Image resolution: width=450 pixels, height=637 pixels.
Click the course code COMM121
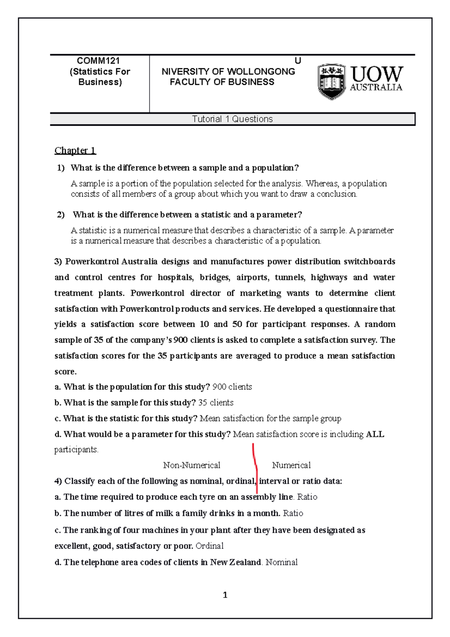98,61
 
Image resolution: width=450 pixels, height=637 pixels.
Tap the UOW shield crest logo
331,81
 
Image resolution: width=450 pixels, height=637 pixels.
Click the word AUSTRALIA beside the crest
376,87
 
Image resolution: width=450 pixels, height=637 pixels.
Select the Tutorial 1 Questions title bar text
232,119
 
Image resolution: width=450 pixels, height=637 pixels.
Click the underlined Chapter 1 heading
75,150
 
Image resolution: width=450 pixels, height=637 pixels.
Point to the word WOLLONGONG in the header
261,72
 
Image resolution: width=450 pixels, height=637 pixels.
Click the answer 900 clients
232,387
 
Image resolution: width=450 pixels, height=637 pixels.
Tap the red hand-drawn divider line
255,467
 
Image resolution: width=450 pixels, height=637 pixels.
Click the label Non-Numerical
192,465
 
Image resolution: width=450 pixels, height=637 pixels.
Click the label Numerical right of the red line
291,465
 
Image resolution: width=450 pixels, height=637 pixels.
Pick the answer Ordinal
209,546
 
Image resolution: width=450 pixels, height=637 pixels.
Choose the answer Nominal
281,562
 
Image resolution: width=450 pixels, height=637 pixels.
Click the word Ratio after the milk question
293,513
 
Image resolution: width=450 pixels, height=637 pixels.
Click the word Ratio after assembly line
307,497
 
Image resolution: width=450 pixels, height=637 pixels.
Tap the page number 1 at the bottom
225,595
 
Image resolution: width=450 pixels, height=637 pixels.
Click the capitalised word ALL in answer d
375,434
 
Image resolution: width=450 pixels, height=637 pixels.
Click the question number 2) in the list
61,215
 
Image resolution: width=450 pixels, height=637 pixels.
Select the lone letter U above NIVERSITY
298,61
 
